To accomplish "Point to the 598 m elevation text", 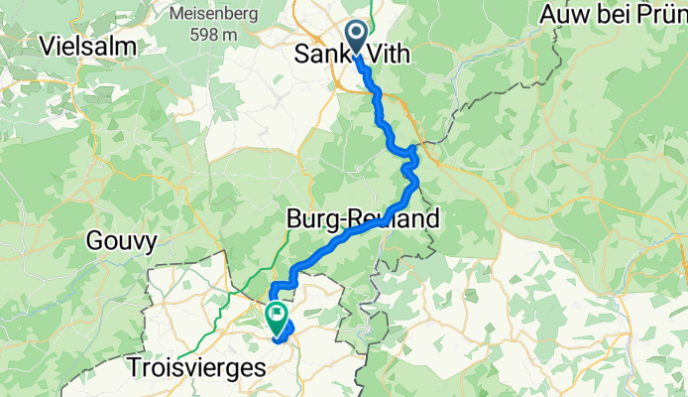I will (x=213, y=35).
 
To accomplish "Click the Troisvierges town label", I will (x=198, y=367).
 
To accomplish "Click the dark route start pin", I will (x=357, y=38).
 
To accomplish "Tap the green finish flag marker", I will (x=275, y=317).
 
